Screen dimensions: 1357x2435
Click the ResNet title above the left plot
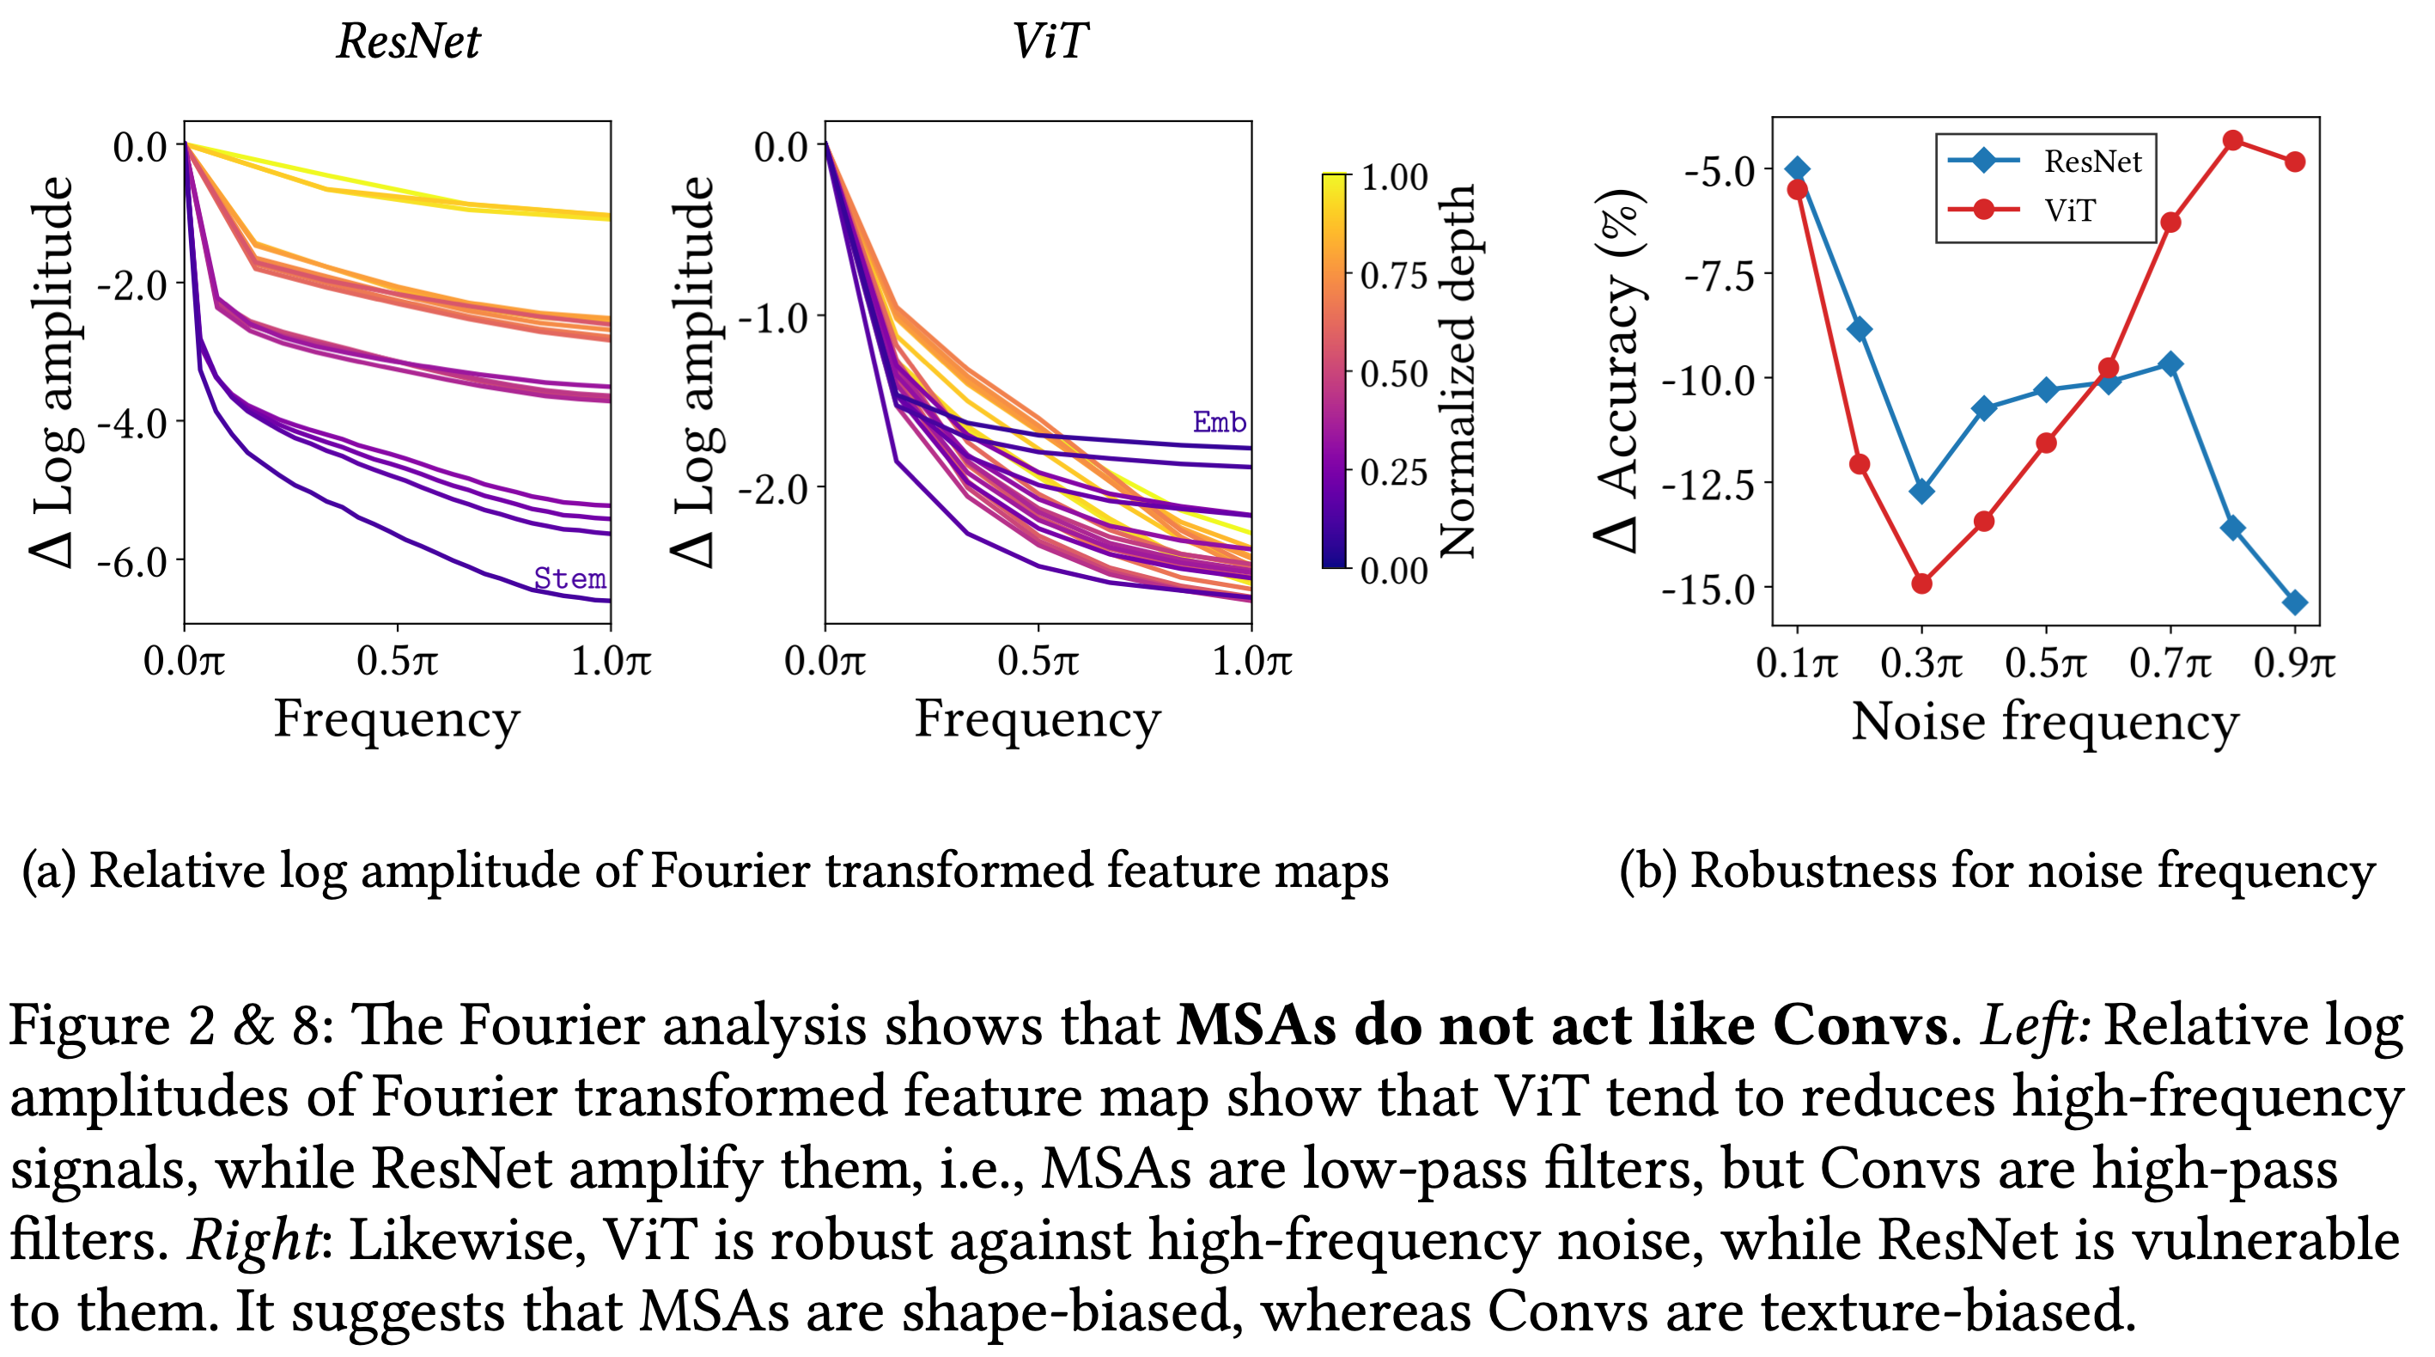408,41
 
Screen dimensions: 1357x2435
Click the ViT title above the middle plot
1049,41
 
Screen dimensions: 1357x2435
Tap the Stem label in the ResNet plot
569,578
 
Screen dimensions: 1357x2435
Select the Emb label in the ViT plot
1219,422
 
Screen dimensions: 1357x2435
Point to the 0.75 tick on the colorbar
1393,276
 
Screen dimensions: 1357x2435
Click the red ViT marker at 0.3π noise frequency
1921,584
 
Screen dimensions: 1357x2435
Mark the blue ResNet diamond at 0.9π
2294,602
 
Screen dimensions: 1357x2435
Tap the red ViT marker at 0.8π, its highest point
2232,141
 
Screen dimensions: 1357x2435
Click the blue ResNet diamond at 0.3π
1921,492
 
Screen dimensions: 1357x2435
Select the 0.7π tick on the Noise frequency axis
2170,663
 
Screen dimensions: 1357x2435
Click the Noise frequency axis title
2044,723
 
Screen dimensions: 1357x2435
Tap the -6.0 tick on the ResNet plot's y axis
132,563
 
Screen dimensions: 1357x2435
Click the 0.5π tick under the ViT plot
1038,662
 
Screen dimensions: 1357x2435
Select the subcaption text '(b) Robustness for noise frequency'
1996,871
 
